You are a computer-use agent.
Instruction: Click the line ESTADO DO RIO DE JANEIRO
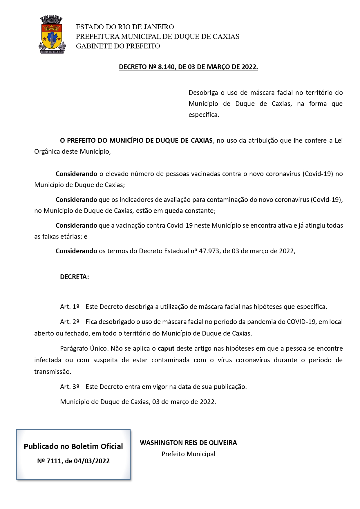(x=125, y=27)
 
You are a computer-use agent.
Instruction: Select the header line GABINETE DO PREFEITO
(x=118, y=46)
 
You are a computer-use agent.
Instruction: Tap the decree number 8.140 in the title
(x=167, y=67)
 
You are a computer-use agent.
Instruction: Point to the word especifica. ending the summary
(x=204, y=115)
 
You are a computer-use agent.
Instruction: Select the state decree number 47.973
(x=209, y=251)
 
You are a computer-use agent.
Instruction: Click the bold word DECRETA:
(x=74, y=277)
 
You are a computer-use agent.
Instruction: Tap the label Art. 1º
(x=70, y=307)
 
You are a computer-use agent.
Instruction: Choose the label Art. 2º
(x=70, y=322)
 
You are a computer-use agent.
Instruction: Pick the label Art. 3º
(x=70, y=387)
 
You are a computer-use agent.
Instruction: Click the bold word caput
(x=166, y=349)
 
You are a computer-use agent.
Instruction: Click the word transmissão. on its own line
(x=53, y=372)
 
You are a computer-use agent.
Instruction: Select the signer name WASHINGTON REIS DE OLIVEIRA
(x=188, y=443)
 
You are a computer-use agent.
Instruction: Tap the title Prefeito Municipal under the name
(x=188, y=454)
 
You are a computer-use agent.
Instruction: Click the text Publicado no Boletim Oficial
(x=73, y=447)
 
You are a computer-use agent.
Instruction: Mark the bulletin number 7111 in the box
(x=54, y=461)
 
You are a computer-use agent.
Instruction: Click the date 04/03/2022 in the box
(x=92, y=461)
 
